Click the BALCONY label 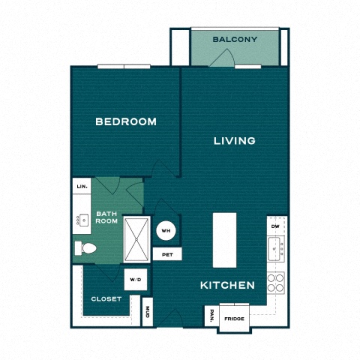235,39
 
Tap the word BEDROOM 126,121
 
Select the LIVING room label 234,140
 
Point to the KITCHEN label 227,286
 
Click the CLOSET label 106,298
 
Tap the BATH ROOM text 106,218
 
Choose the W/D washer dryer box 135,280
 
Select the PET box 166,255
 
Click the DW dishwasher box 276,225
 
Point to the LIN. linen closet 81,185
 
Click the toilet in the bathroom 84,248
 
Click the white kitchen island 224,238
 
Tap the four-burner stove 276,281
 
